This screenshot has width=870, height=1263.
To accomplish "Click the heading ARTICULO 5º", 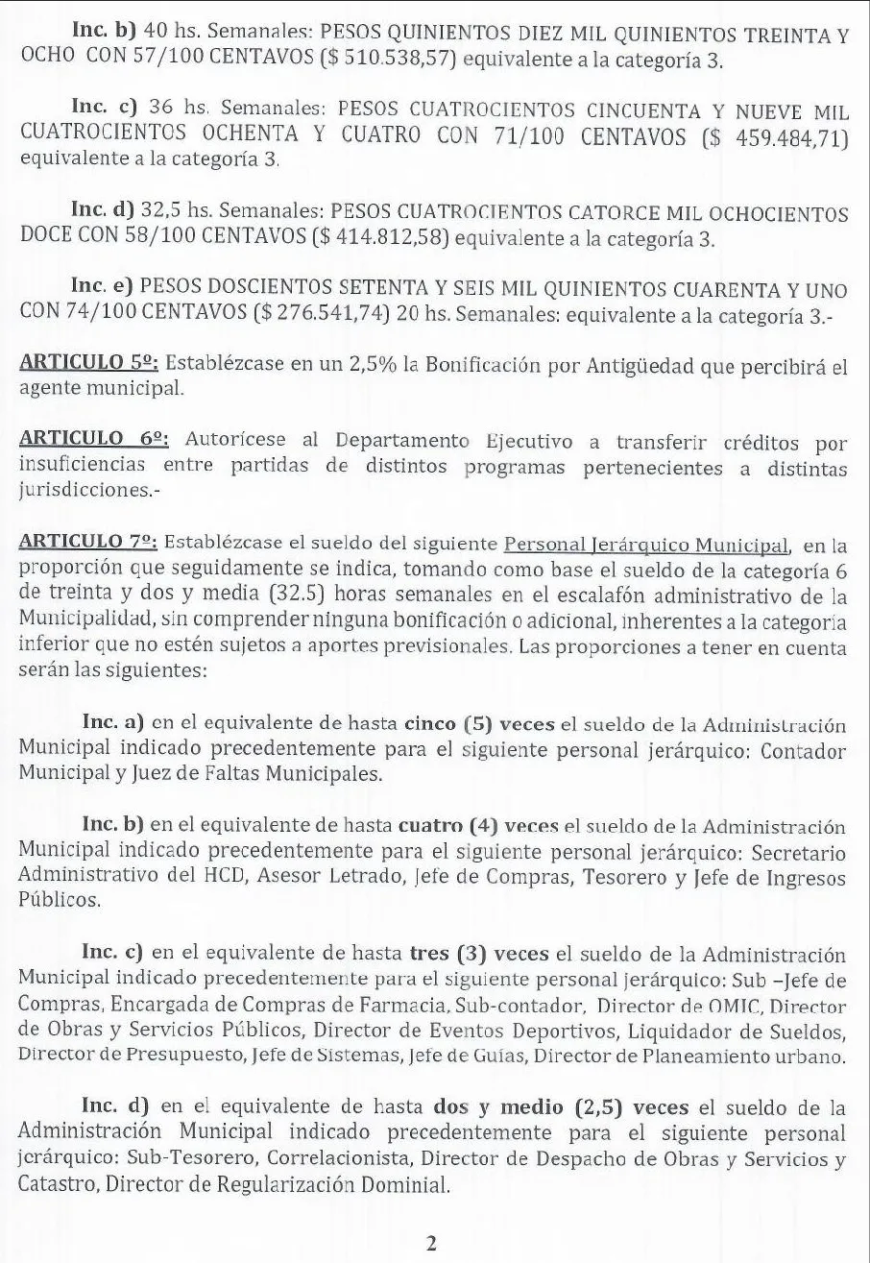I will [94, 363].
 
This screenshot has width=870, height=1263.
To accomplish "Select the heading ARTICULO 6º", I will [94, 440].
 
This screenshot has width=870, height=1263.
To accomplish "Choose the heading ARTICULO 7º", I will [94, 544].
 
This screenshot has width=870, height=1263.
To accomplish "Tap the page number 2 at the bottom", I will [432, 1244].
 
